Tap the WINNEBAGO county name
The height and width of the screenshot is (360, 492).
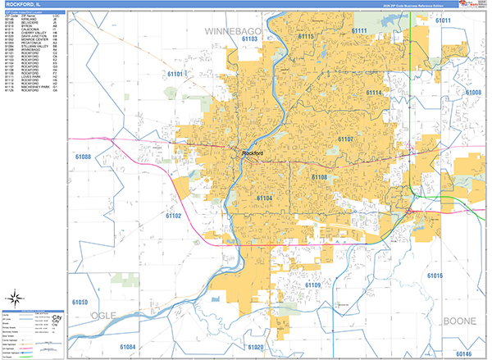232,31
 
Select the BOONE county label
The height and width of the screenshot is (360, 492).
458,320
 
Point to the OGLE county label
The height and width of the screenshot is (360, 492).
104,315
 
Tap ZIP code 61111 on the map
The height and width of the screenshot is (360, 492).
359,31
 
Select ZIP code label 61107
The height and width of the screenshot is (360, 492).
344,140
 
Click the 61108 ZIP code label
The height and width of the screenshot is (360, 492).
319,176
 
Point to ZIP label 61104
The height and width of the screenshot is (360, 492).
266,198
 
